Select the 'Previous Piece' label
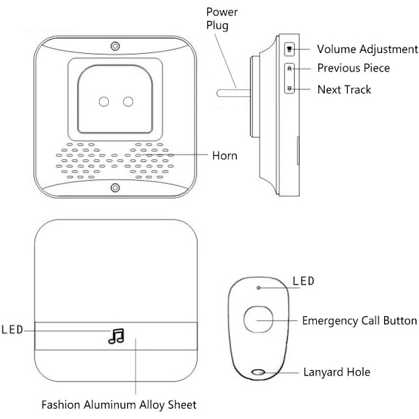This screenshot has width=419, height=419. (x=353, y=68)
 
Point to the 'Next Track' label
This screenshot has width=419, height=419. (x=344, y=89)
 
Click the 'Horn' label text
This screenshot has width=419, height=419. (x=224, y=154)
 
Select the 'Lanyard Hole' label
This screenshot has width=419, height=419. (x=337, y=372)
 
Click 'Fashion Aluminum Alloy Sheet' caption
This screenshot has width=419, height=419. (x=119, y=404)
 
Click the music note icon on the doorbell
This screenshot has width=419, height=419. (x=115, y=337)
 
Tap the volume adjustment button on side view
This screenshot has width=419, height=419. (x=291, y=50)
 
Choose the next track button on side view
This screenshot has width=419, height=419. (x=291, y=89)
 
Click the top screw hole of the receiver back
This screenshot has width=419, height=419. (x=114, y=46)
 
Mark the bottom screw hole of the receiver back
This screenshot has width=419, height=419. (x=114, y=187)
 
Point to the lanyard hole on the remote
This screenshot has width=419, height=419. (x=260, y=372)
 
